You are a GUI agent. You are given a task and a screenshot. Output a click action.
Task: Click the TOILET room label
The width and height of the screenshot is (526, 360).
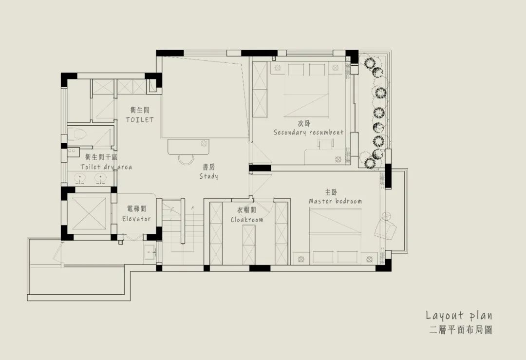coord(140,119)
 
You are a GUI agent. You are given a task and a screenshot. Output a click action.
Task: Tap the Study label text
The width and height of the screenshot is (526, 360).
coord(208,176)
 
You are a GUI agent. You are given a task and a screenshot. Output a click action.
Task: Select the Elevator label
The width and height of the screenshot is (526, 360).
coord(136,219)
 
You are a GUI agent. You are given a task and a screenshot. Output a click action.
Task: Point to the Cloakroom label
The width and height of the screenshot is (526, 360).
coord(247,220)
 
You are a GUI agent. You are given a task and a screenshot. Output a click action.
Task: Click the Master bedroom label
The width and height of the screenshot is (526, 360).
coord(335,201)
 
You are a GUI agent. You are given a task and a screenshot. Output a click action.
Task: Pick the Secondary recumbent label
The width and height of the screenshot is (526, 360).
coord(309,132)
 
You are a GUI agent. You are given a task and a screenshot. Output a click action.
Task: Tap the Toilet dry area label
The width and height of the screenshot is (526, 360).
coord(106,167)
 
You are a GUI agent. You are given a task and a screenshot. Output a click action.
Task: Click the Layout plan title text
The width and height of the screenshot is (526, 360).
coord(459,315)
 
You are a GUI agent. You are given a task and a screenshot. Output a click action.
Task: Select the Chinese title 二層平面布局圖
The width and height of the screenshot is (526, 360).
coord(461,330)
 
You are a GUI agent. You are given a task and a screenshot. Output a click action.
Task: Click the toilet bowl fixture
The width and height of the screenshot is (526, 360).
coord(77,135)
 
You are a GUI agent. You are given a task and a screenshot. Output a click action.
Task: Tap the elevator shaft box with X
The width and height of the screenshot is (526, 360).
coord(89,213)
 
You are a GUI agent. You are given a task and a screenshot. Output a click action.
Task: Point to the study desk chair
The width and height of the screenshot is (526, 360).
coord(187,159)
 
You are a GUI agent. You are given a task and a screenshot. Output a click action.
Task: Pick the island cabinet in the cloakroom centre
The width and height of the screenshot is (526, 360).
coord(248,245)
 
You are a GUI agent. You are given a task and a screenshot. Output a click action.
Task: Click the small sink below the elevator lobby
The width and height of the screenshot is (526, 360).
coord(150,252)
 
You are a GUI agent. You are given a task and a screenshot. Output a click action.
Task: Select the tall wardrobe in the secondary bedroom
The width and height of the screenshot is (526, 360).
coord(260,89)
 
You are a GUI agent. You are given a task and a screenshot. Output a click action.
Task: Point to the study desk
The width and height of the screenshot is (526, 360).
coord(188,147)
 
